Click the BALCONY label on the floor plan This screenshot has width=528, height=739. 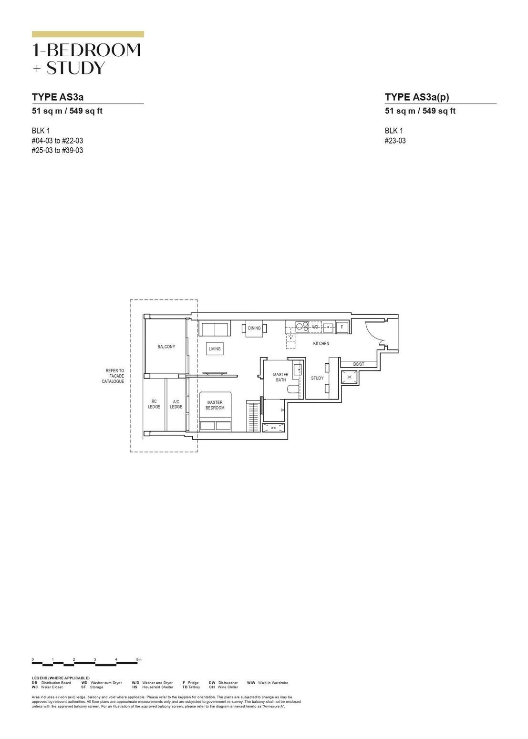[x=166, y=347]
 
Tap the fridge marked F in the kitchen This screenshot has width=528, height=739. [x=342, y=327]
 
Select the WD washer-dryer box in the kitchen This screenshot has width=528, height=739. [x=315, y=327]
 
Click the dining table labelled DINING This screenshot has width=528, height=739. [x=254, y=328]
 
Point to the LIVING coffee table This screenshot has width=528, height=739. [x=215, y=349]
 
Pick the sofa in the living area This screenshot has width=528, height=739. [x=215, y=329]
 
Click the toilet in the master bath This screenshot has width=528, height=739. [x=292, y=390]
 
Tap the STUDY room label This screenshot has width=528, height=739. [x=317, y=378]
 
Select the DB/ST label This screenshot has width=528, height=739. [x=359, y=364]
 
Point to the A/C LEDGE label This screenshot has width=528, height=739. [x=176, y=404]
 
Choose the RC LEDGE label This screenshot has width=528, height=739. [x=154, y=404]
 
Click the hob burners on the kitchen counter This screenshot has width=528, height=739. [x=301, y=327]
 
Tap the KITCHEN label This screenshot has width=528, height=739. [x=321, y=344]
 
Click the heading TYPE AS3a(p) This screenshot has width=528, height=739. [x=417, y=97]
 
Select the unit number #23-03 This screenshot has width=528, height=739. [x=395, y=141]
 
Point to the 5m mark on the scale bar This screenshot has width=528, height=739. [x=138, y=659]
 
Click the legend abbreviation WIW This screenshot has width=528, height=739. [x=251, y=683]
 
